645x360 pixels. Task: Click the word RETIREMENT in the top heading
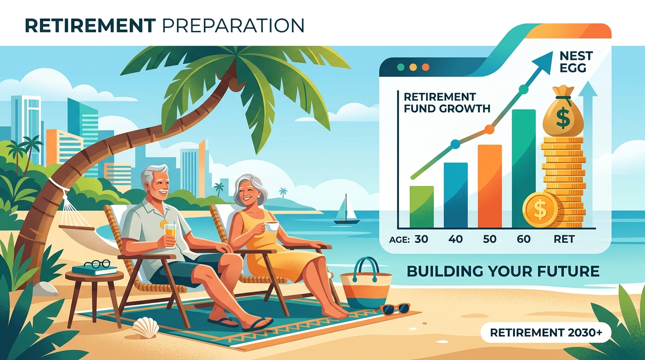(90, 26)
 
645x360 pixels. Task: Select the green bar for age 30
(421, 207)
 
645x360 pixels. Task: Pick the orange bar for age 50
(490, 186)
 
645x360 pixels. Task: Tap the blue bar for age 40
(456, 195)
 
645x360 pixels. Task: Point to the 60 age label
(524, 239)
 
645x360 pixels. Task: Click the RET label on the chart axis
(564, 239)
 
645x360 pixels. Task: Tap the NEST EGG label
(572, 61)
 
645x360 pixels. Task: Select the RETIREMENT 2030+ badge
(546, 333)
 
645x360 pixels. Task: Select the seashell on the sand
(145, 328)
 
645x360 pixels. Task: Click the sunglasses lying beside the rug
(395, 309)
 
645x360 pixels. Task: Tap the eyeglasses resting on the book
(97, 264)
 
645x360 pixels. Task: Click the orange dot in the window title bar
(425, 67)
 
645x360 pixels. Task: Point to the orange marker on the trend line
(489, 129)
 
